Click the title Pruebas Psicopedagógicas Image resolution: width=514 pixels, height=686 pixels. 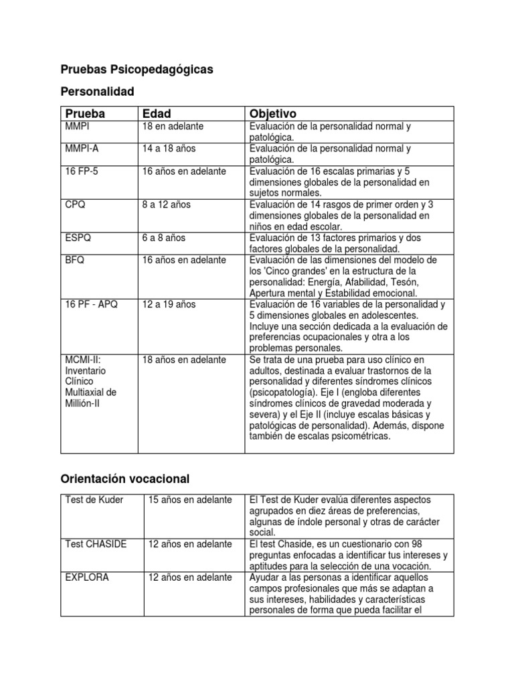(137, 69)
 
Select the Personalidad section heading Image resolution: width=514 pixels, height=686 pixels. (97, 91)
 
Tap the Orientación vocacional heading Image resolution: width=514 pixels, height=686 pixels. (125, 478)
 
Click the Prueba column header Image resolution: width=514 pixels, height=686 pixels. (85, 114)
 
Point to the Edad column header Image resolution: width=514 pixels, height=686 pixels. (157, 114)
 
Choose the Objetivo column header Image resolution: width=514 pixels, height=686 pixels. (272, 114)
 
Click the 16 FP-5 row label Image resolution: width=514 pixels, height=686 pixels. (82, 171)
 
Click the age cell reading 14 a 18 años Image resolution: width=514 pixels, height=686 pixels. (169, 149)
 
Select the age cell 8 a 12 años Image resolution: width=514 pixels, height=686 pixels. (166, 204)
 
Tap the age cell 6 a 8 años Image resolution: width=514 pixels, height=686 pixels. (163, 238)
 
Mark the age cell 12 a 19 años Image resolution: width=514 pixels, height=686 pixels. (169, 304)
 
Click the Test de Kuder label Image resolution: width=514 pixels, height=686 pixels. (94, 500)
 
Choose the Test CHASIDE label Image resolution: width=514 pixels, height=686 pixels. (96, 544)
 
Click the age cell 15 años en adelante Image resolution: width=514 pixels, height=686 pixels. (190, 500)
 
